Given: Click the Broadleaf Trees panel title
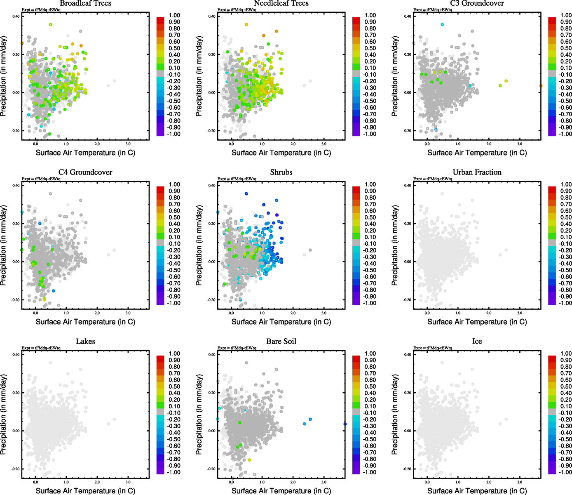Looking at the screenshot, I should point(85,4).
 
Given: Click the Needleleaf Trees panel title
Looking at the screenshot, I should point(281,4).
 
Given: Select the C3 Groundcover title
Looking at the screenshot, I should point(477,4).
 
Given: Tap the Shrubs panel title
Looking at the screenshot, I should point(281,172).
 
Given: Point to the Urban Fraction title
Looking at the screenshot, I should point(477,172).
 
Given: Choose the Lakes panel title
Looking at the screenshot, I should point(85,342).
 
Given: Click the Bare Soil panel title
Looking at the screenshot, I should point(281,342).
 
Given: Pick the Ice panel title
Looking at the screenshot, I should point(477,342).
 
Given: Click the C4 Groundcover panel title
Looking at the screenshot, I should point(85,172).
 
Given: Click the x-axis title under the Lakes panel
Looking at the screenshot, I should point(85,491).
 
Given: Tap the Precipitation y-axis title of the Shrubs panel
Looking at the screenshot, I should point(199,245).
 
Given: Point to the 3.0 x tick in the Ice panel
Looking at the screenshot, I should point(520,482).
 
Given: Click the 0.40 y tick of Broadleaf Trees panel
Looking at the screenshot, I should point(16,16).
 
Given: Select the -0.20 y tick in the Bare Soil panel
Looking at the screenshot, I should point(211,469).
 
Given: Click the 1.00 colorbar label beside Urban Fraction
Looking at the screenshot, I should point(566,184).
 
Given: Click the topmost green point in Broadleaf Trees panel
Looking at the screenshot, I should point(50,25).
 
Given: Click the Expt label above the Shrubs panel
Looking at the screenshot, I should point(237,179).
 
